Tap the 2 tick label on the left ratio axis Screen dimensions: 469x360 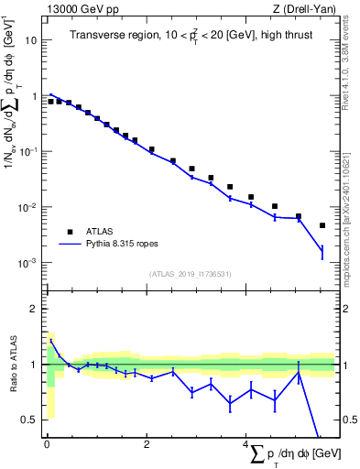click(x=34, y=309)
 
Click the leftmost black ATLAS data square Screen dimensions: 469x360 click(x=51, y=102)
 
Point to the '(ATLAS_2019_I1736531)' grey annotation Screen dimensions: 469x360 click(x=189, y=274)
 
